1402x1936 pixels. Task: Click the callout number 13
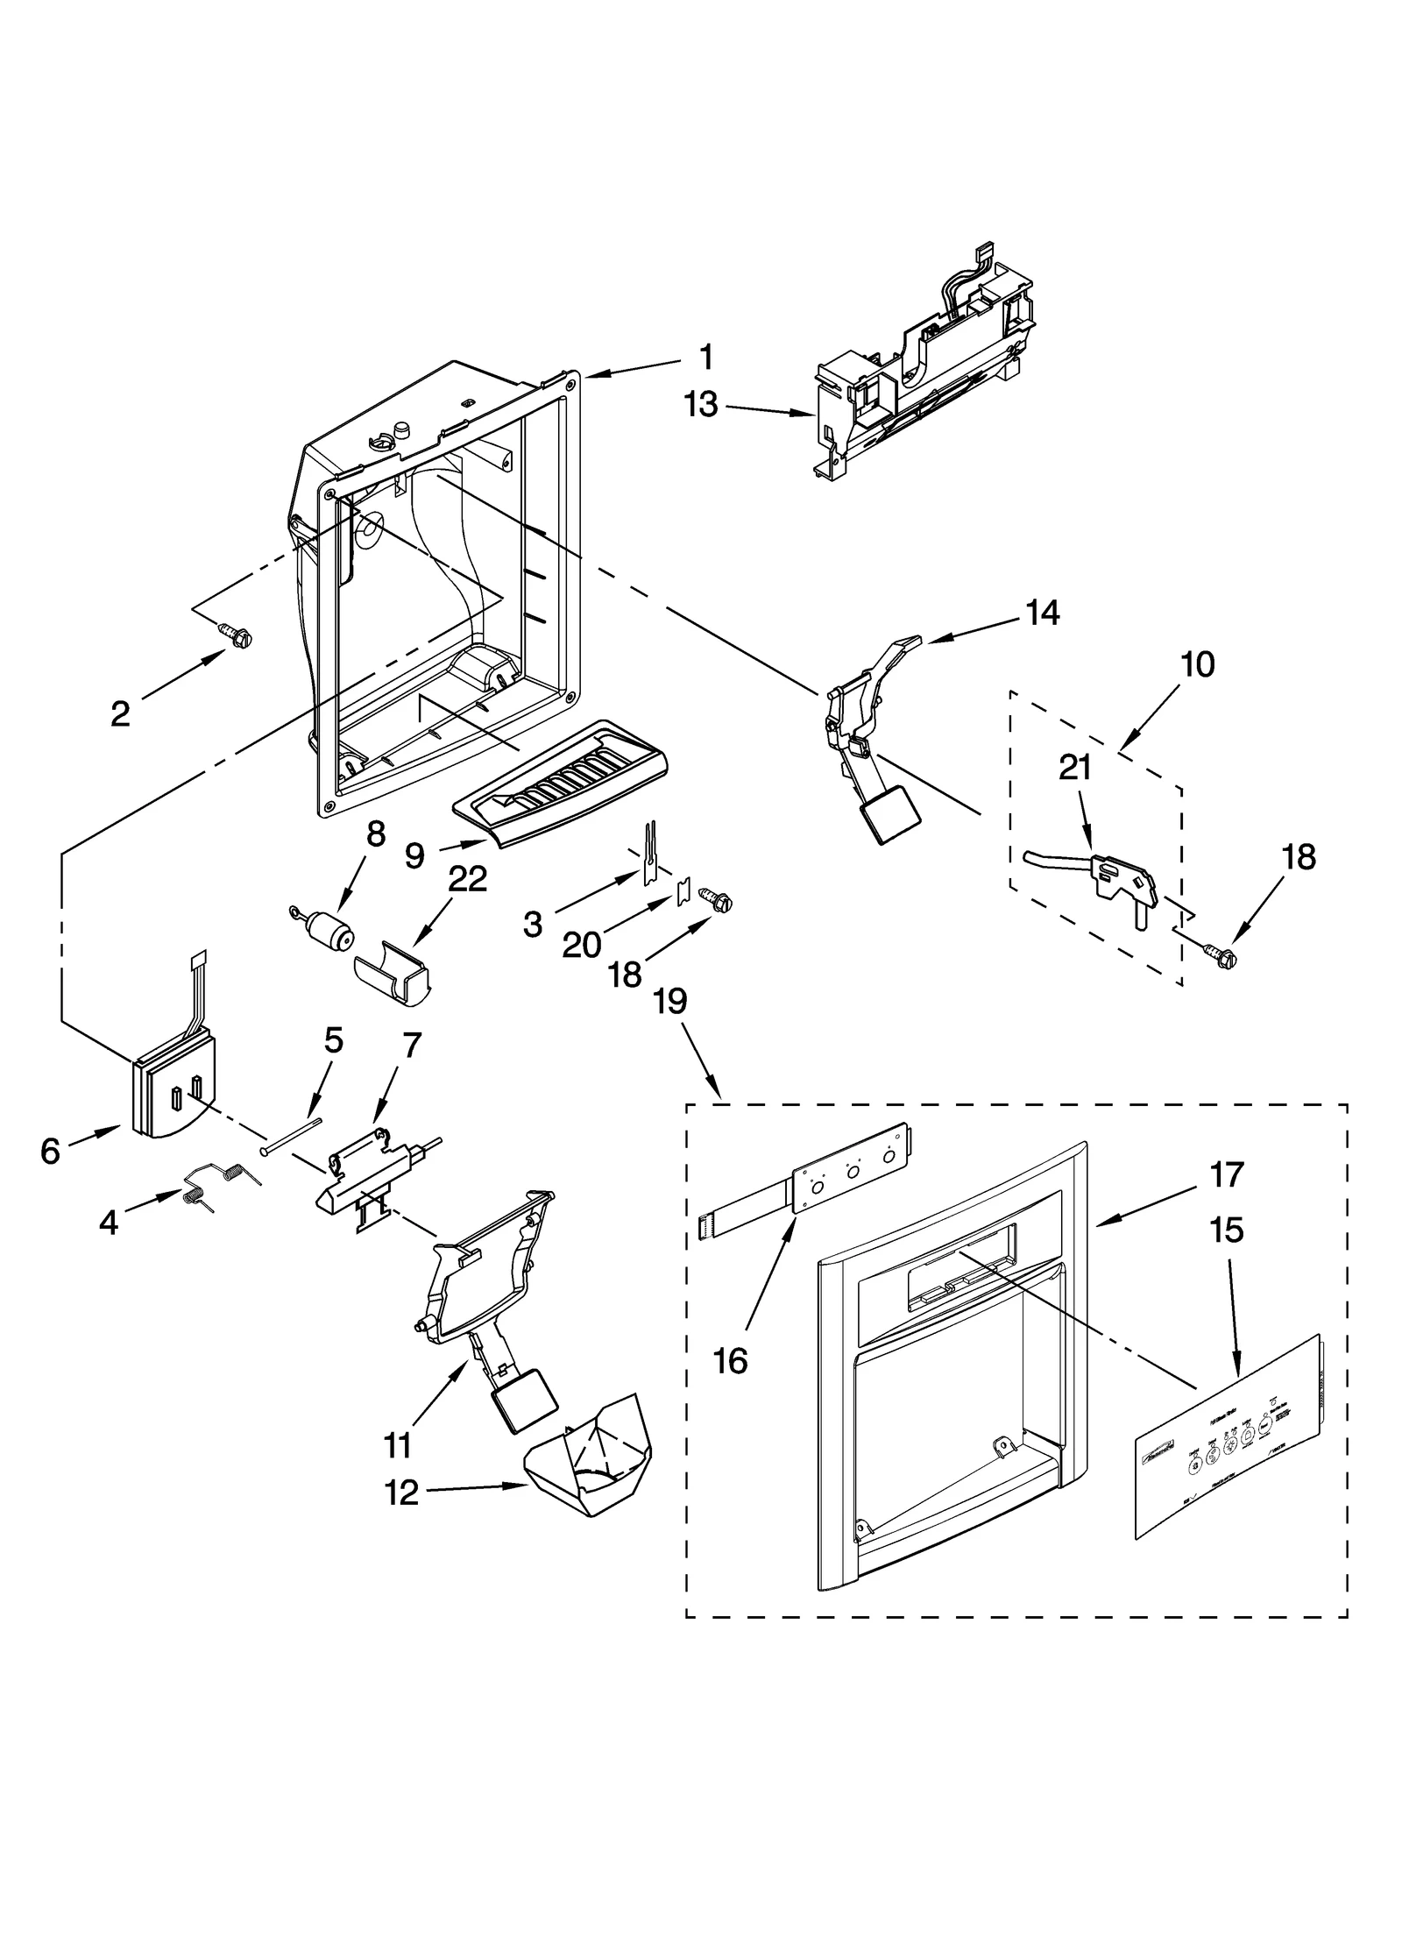pos(701,405)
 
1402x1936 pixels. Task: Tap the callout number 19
pos(669,1001)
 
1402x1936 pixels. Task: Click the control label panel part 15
pos(1228,1437)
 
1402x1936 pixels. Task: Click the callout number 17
pos(1226,1174)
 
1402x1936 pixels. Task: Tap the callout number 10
pos(1197,664)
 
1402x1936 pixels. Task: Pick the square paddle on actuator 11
pos(525,1411)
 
